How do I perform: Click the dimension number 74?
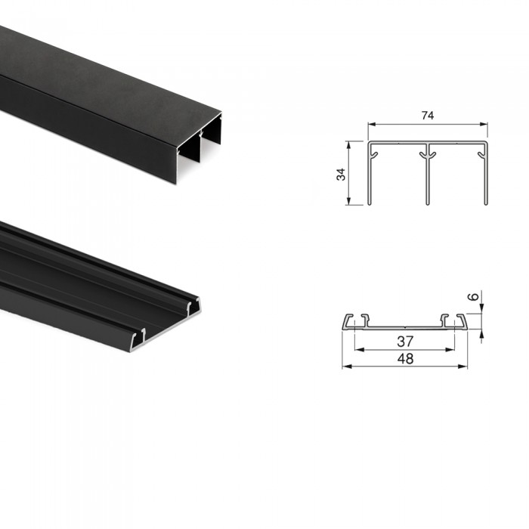click(x=428, y=116)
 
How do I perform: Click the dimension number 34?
click(x=341, y=174)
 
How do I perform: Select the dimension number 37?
click(x=405, y=342)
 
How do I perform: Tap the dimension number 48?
click(x=405, y=359)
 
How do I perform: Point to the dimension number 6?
click(x=474, y=296)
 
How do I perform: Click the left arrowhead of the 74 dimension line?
click(x=372, y=124)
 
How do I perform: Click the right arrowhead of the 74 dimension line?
click(x=484, y=124)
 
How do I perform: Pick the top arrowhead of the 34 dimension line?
click(x=349, y=145)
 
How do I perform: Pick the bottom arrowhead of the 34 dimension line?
click(x=349, y=200)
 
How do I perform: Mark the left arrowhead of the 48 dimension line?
click(x=346, y=367)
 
